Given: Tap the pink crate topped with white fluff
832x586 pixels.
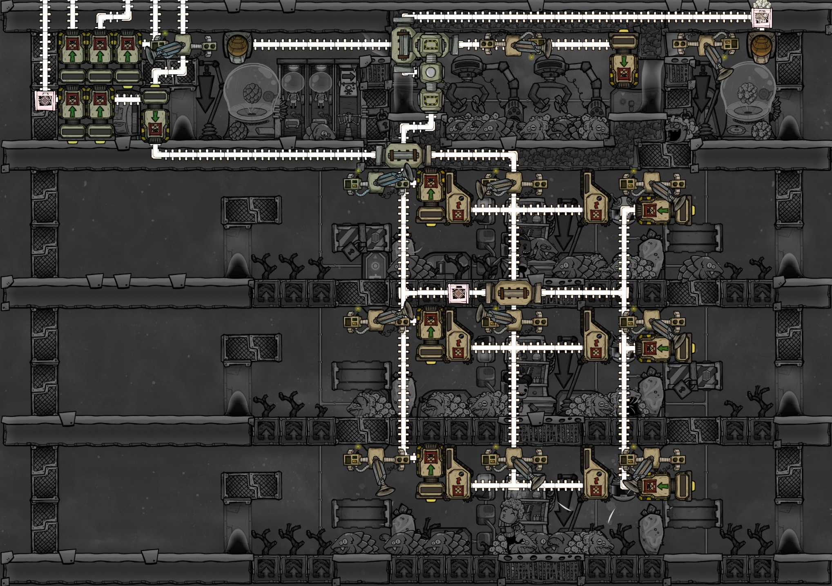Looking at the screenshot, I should click(762, 18).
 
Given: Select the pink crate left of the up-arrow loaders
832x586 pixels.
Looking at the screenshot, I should click(45, 100).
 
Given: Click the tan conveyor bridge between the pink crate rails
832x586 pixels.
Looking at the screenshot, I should click(513, 293).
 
